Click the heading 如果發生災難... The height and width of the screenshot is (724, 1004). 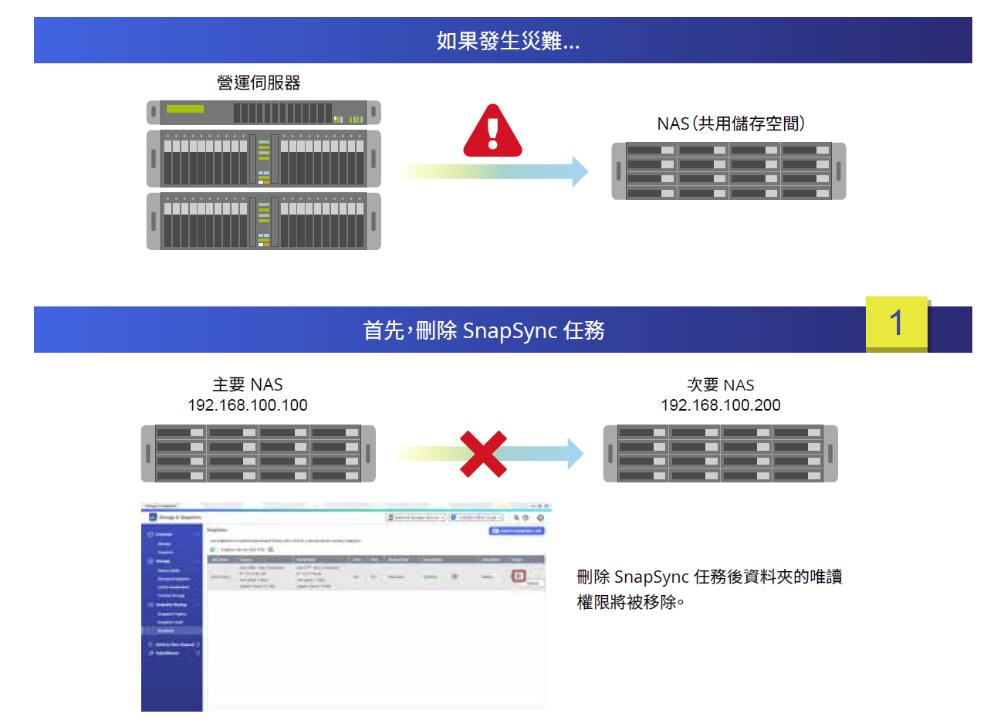[507, 40]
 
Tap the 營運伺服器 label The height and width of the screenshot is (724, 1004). [259, 83]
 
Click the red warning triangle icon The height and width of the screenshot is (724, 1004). [492, 132]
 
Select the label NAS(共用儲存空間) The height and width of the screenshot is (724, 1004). [731, 123]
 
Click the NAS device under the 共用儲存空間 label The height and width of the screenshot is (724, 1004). [728, 171]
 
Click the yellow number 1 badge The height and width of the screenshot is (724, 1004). [896, 323]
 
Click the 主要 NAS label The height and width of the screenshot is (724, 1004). [248, 384]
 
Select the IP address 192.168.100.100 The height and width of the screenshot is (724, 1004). [248, 405]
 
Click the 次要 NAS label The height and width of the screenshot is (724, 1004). [720, 385]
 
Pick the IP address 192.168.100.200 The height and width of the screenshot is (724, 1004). [720, 405]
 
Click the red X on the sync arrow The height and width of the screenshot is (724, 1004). [483, 454]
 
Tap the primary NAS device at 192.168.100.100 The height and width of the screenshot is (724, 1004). [259, 454]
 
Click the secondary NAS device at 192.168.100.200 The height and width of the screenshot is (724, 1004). [720, 454]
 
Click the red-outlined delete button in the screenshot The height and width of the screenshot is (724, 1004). [519, 576]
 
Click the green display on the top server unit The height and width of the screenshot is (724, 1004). [185, 109]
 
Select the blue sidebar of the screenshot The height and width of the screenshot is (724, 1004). [171, 617]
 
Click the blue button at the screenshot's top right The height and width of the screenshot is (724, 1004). [516, 531]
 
